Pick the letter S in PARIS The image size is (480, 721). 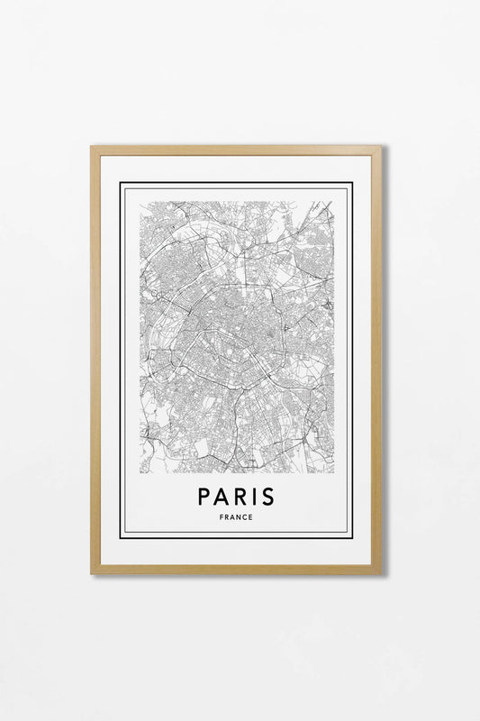click(x=267, y=497)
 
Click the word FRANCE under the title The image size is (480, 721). click(x=235, y=517)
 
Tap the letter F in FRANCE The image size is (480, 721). click(x=221, y=517)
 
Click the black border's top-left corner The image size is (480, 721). click(x=121, y=184)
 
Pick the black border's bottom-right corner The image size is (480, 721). click(x=351, y=537)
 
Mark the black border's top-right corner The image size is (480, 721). click(x=351, y=184)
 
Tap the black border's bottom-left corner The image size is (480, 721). click(x=121, y=537)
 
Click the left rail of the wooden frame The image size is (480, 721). click(x=95, y=360)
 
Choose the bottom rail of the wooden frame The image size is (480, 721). click(x=236, y=570)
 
